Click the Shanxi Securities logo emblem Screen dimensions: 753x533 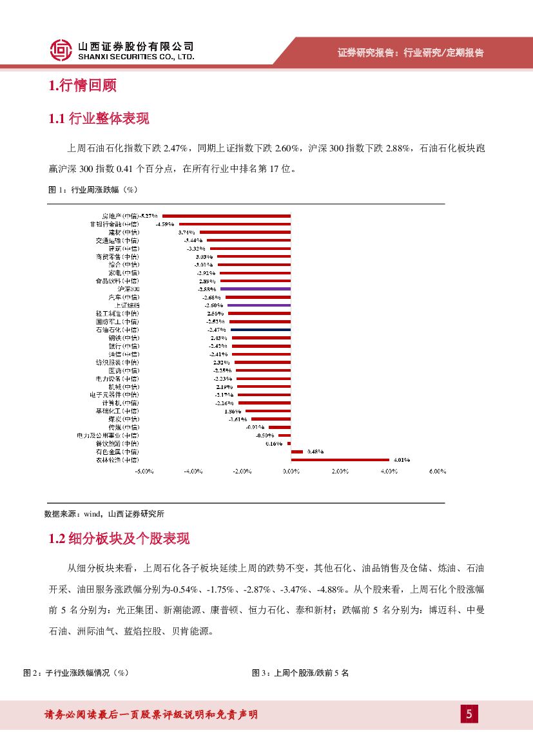tap(61, 50)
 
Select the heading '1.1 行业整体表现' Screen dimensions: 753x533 tap(99, 119)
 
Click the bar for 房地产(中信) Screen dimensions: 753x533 tap(226, 216)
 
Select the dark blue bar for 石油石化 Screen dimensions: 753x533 tap(260, 329)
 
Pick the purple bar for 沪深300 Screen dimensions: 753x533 tap(255, 289)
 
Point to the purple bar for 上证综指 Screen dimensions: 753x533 tap(258, 305)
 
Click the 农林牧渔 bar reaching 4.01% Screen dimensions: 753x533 tap(340, 459)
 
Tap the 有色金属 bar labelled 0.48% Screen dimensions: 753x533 tap(296, 452)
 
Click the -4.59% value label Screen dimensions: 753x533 tap(166, 224)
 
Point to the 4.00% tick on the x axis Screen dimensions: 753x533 tap(389, 472)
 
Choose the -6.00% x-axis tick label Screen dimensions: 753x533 tap(143, 472)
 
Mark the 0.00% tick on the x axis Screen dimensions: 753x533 tap(291, 472)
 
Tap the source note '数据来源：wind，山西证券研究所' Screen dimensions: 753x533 tap(104, 514)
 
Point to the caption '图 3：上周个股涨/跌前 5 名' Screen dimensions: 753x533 tap(300, 672)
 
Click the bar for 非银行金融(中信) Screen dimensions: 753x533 tap(235, 224)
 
